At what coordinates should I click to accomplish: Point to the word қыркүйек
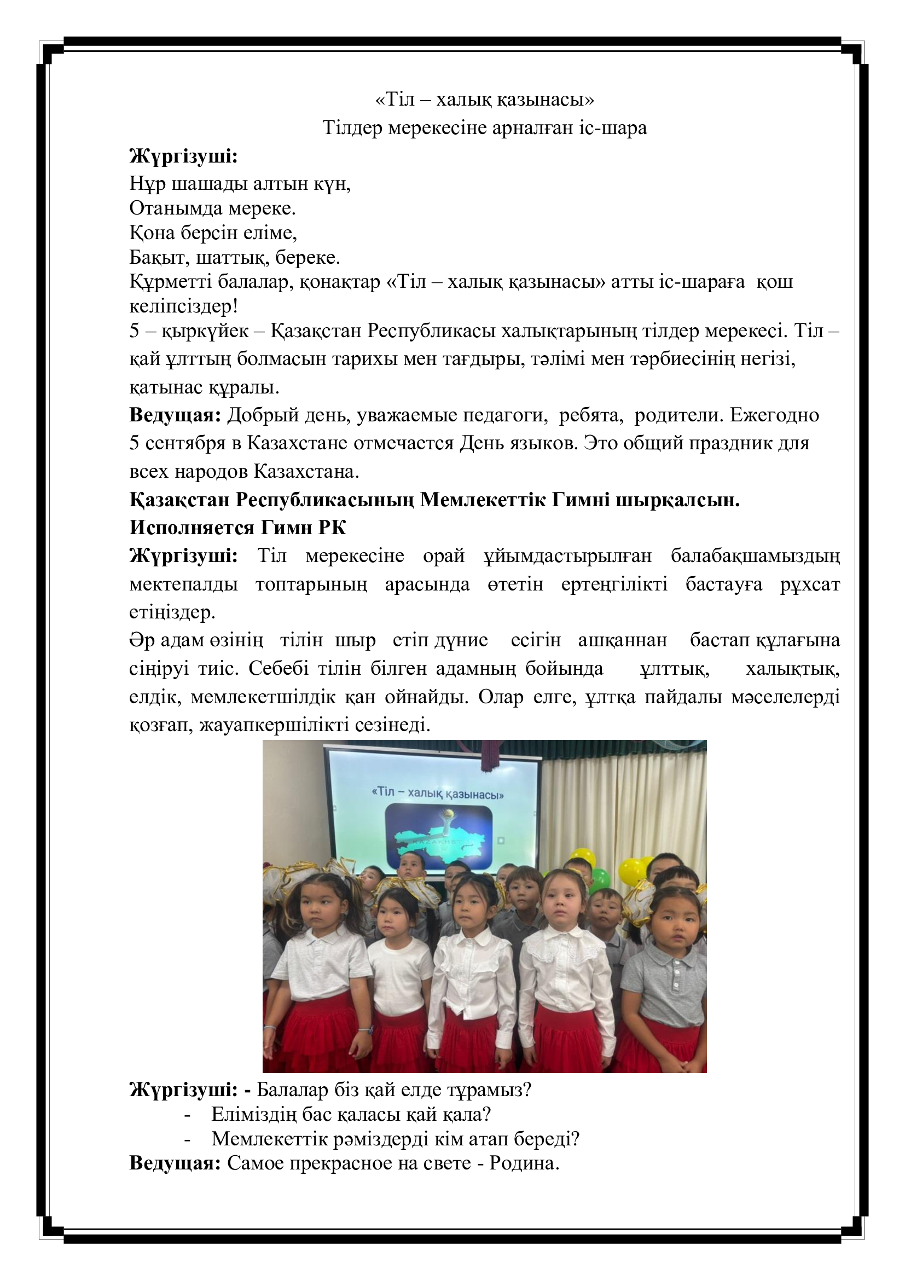205,331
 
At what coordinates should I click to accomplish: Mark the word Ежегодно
775,415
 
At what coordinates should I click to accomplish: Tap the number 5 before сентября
134,443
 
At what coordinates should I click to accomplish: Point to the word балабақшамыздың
755,556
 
